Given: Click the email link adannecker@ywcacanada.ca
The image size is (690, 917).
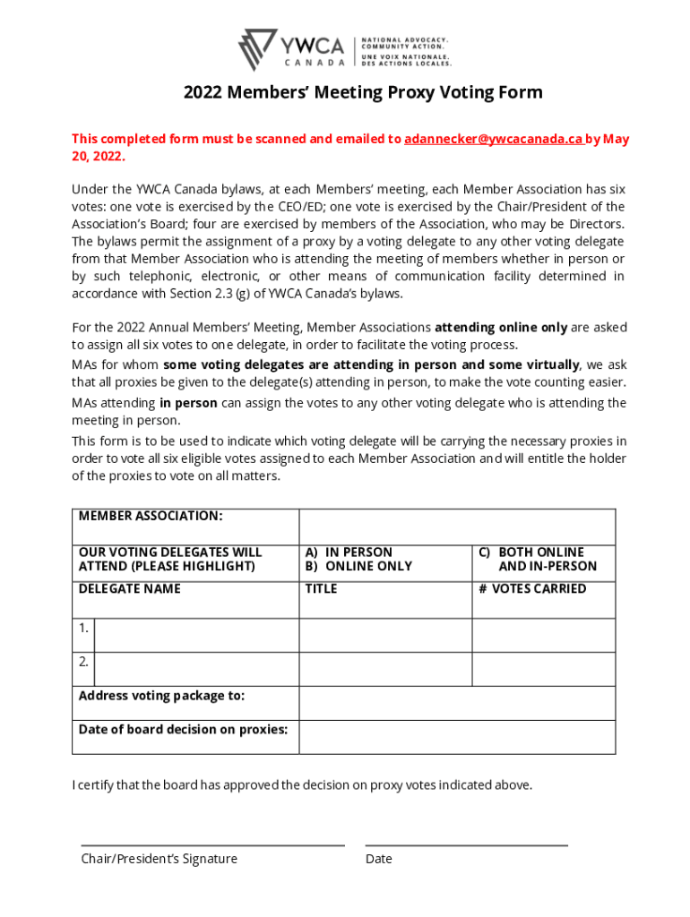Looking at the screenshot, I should (494, 139).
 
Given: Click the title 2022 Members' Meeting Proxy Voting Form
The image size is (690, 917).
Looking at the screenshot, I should (363, 93).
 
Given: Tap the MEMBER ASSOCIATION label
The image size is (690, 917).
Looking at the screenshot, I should (151, 516).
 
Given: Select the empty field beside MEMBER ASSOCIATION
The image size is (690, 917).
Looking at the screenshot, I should (457, 527).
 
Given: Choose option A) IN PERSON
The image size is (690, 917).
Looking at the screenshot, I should (349, 553).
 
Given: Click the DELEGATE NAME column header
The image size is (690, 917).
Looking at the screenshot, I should (129, 588).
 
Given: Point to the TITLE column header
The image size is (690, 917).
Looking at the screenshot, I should (321, 588).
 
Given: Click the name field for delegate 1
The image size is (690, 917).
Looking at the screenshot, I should (196, 635).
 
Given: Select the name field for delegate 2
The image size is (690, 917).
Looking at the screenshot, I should (196, 669).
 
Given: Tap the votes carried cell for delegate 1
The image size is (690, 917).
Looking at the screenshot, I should (543, 635).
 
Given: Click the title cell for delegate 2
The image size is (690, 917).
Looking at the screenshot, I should (385, 669).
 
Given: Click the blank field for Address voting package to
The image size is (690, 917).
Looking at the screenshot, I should (457, 703).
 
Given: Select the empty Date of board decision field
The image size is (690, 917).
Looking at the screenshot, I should (457, 737).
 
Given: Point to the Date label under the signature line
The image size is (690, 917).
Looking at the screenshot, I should (378, 859).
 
